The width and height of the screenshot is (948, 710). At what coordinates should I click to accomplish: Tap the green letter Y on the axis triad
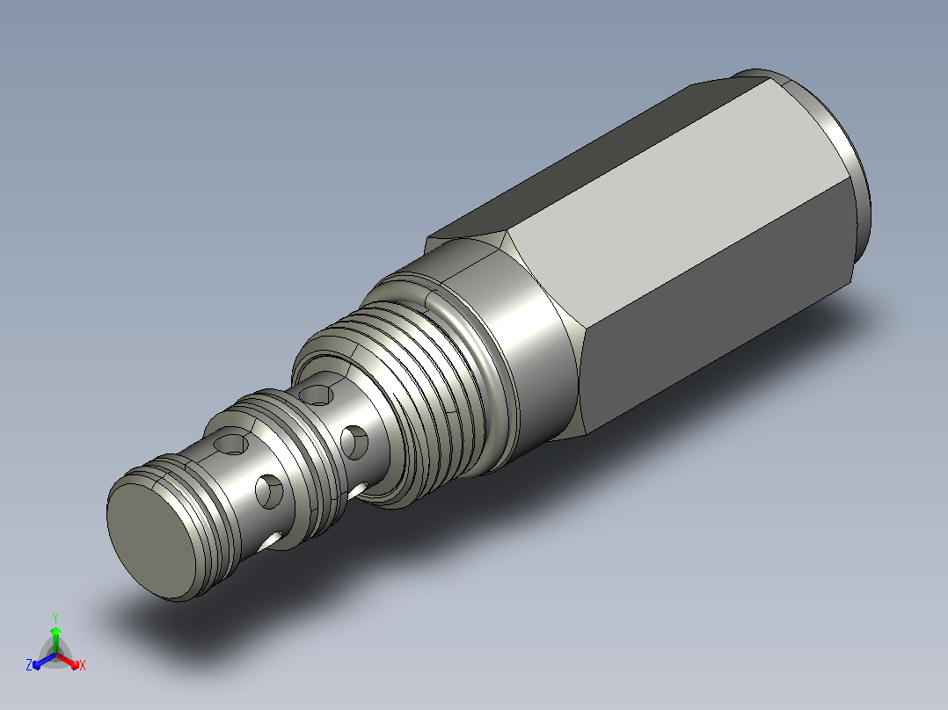click(55, 618)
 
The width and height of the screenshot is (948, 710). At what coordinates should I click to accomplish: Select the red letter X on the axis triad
click(83, 665)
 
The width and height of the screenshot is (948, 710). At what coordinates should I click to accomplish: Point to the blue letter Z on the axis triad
click(28, 665)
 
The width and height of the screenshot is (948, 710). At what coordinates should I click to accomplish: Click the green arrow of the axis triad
click(55, 640)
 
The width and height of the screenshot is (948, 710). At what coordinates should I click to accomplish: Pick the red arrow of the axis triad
click(68, 661)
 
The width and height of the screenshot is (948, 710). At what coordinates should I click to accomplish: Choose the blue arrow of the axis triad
click(44, 661)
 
